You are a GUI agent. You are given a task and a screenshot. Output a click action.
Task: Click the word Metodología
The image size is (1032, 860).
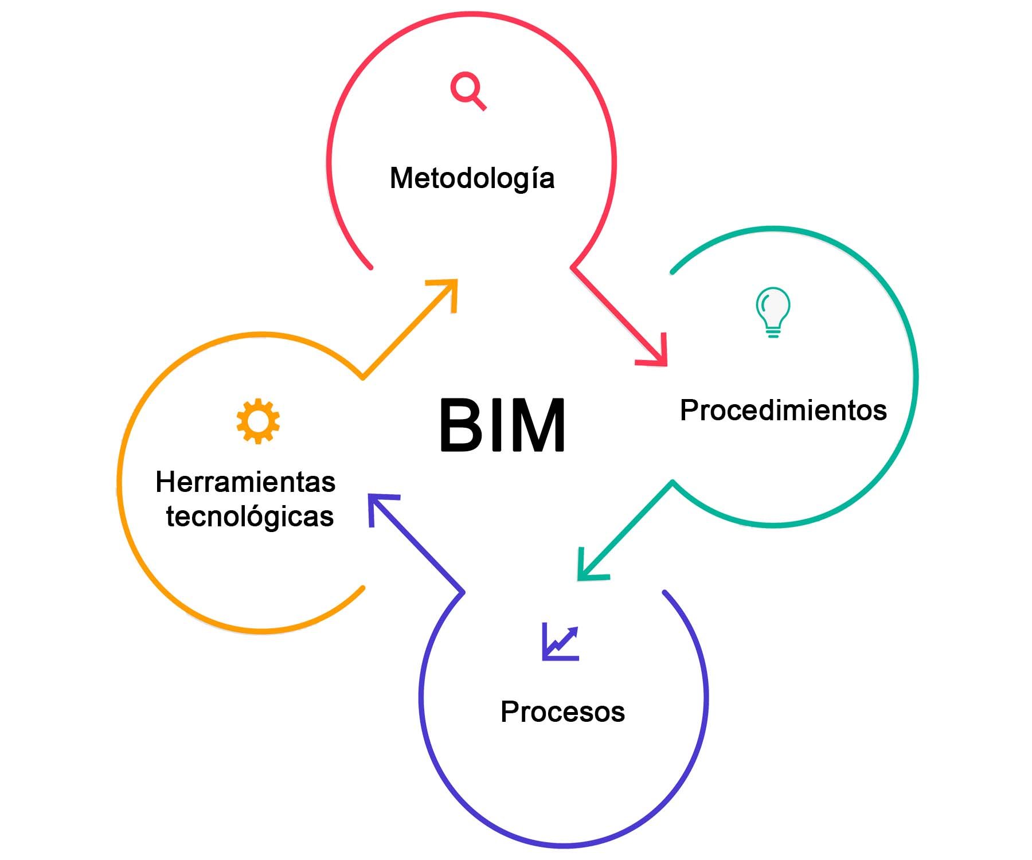pyautogui.click(x=472, y=178)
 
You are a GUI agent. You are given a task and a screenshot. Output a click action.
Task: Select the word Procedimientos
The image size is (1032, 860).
pyautogui.click(x=783, y=411)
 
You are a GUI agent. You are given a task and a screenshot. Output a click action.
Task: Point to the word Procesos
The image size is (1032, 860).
pyautogui.click(x=562, y=712)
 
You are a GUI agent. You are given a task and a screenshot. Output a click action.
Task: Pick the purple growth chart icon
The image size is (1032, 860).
pyautogui.click(x=561, y=642)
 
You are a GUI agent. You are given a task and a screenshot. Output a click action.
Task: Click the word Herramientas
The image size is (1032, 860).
pyautogui.click(x=245, y=482)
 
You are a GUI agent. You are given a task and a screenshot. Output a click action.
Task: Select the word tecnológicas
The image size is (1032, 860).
pyautogui.click(x=250, y=517)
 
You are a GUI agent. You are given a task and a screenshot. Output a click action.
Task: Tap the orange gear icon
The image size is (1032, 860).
pyautogui.click(x=258, y=421)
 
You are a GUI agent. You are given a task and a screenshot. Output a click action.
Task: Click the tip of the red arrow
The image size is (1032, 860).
pyautogui.click(x=665, y=363)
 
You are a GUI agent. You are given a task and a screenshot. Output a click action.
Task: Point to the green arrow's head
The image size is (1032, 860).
pyautogui.click(x=580, y=578)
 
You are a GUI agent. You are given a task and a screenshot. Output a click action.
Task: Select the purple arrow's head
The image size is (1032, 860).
pyautogui.click(x=372, y=497)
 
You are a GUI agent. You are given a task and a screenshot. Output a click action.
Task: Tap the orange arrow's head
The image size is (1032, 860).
pyautogui.click(x=455, y=282)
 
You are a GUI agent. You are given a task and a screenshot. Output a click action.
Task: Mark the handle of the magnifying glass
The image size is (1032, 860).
pyautogui.click(x=479, y=103)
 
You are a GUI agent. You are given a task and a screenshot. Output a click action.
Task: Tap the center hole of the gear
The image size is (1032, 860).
pyautogui.click(x=258, y=421)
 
